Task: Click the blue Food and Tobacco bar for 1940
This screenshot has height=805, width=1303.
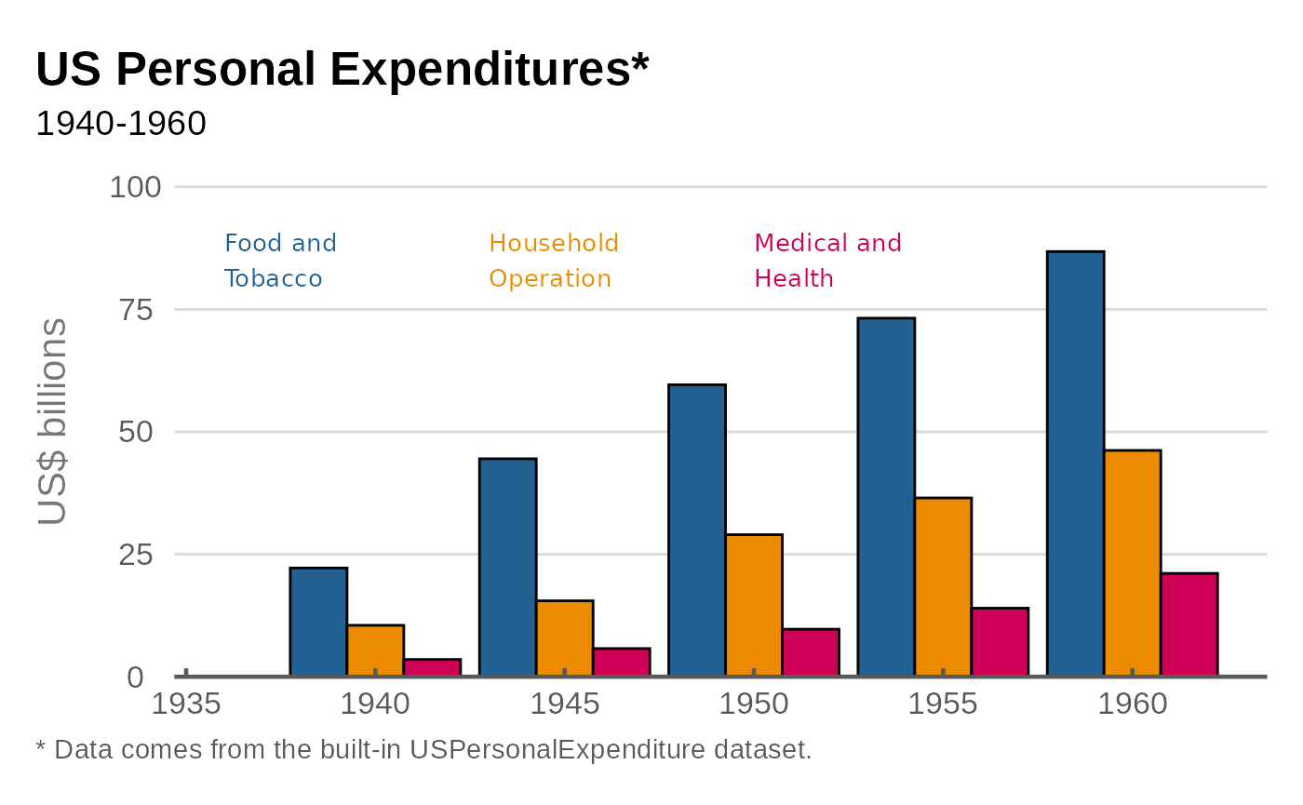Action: point(318,622)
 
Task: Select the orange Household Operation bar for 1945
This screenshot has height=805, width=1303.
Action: point(564,638)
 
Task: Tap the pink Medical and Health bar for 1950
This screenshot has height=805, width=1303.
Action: point(810,652)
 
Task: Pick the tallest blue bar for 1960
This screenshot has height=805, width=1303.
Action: point(1075,463)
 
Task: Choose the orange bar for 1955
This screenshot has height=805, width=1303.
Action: point(943,587)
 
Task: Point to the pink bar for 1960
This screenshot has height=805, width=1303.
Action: point(1189,624)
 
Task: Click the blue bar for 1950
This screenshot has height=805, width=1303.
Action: point(697,530)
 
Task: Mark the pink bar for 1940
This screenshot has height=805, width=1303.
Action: point(432,667)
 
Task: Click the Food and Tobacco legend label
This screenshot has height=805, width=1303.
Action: point(280,261)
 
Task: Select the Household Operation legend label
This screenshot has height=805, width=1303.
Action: point(554,261)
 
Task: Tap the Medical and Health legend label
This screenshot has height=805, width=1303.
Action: point(827,261)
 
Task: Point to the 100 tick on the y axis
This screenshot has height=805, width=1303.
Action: point(135,188)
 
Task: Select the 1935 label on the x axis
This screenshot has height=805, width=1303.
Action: point(186,704)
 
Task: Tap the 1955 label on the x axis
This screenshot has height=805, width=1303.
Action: point(943,704)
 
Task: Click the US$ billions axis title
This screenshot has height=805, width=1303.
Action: point(53,422)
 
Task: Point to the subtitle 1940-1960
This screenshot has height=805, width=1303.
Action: point(121,124)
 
